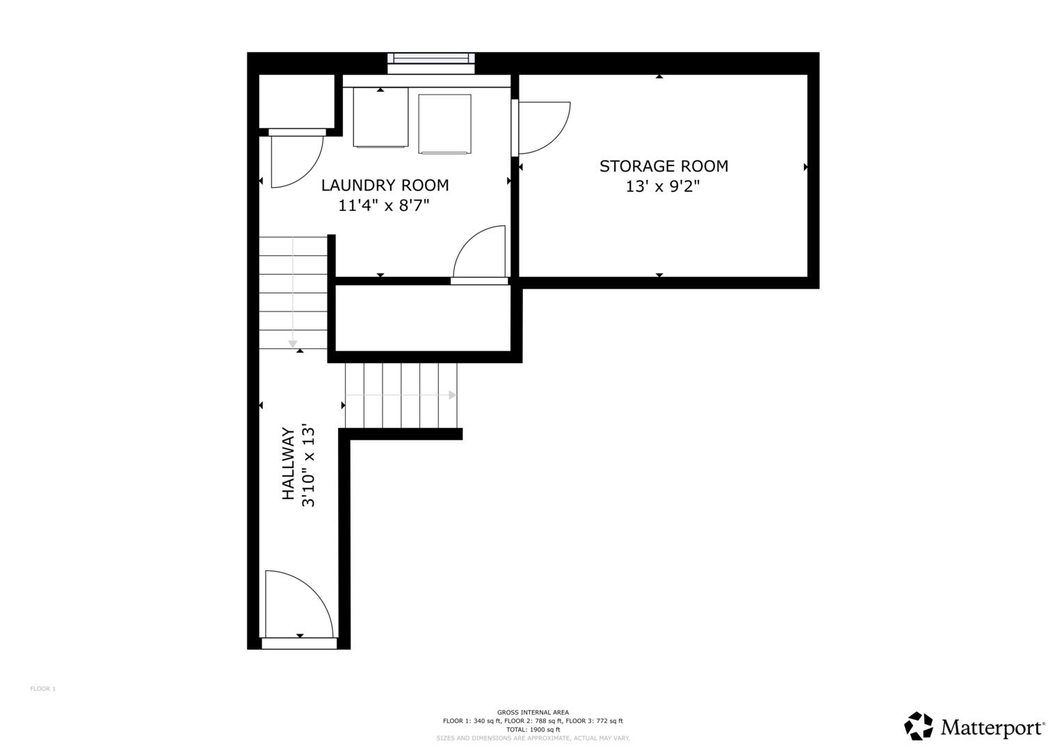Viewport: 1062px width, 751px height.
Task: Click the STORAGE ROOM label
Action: pyautogui.click(x=663, y=166)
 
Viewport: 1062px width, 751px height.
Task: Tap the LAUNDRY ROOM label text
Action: pyautogui.click(x=385, y=186)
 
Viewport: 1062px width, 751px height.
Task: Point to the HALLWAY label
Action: pyautogui.click(x=288, y=464)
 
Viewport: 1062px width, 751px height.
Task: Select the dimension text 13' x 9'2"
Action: pyautogui.click(x=663, y=186)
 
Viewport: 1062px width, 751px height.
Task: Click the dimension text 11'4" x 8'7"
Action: pyautogui.click(x=383, y=206)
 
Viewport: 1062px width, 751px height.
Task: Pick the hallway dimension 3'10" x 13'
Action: pyautogui.click(x=308, y=467)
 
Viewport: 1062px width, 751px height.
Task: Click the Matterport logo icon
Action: pyautogui.click(x=918, y=726)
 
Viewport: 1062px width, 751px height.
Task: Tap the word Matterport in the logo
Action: pyautogui.click(x=992, y=727)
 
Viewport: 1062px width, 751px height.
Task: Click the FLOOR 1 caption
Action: pyautogui.click(x=42, y=689)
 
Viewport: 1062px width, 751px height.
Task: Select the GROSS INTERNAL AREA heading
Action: pyautogui.click(x=533, y=712)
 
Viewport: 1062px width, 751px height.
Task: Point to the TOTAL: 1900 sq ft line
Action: pyautogui.click(x=533, y=729)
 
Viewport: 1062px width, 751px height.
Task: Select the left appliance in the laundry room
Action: pyautogui.click(x=380, y=117)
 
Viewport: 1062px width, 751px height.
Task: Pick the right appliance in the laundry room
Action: pyautogui.click(x=444, y=124)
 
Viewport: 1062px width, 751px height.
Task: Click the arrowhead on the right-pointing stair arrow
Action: pyautogui.click(x=453, y=395)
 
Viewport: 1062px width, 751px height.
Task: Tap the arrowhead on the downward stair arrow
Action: pyautogui.click(x=293, y=344)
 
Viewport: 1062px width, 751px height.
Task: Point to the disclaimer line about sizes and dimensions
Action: pyautogui.click(x=533, y=738)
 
